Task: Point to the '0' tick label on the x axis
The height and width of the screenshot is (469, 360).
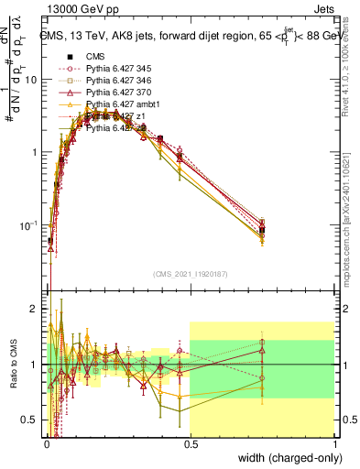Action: pyautogui.click(x=46, y=442)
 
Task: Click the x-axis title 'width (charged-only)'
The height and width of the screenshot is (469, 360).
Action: pyautogui.click(x=285, y=457)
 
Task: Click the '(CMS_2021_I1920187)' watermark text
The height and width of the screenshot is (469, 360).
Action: pyautogui.click(x=190, y=273)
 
